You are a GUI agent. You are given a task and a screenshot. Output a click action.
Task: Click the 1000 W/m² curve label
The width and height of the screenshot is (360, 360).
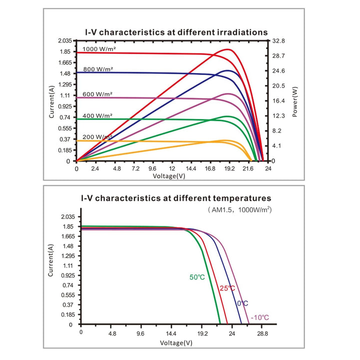pos(99,49)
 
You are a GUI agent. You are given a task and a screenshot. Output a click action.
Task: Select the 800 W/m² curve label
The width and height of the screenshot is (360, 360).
pos(98,69)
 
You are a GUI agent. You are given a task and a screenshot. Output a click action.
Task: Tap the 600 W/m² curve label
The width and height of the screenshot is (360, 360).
pos(97,94)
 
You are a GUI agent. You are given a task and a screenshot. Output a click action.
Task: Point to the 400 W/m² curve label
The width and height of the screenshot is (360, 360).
pos(97,115)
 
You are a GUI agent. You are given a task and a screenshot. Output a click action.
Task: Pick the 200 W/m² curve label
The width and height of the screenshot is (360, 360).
pos(97,137)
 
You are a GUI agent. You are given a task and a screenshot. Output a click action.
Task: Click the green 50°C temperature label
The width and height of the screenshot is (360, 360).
pos(197,277)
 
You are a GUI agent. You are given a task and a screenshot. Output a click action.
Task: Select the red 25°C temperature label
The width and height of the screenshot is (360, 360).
pos(227,288)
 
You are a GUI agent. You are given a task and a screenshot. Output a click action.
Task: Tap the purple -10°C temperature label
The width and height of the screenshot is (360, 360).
pos(259,317)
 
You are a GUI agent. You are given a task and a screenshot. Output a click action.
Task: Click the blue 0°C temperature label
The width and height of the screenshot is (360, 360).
pos(242,303)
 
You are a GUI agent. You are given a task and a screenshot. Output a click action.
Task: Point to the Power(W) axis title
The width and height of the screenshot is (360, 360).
pos(295,101)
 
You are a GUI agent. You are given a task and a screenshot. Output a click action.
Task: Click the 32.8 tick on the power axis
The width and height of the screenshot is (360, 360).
pos(278,41)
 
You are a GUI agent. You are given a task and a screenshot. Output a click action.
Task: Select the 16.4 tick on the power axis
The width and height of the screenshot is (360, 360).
pos(278,101)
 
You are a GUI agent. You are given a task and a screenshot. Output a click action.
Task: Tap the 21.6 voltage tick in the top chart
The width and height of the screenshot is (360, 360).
pos(248,169)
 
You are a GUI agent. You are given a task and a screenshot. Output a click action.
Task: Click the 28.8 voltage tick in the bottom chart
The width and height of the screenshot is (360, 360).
pos(262,333)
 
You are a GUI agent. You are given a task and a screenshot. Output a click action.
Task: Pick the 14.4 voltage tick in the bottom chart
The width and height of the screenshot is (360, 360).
pos(171,333)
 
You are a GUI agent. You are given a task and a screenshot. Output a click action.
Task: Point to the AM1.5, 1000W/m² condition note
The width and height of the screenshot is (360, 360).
pos(240,210)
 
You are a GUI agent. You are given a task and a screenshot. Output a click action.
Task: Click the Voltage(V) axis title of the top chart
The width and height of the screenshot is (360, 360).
pos(169,176)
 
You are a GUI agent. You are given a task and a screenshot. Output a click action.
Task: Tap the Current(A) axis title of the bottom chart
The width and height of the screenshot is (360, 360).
pos(50,260)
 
